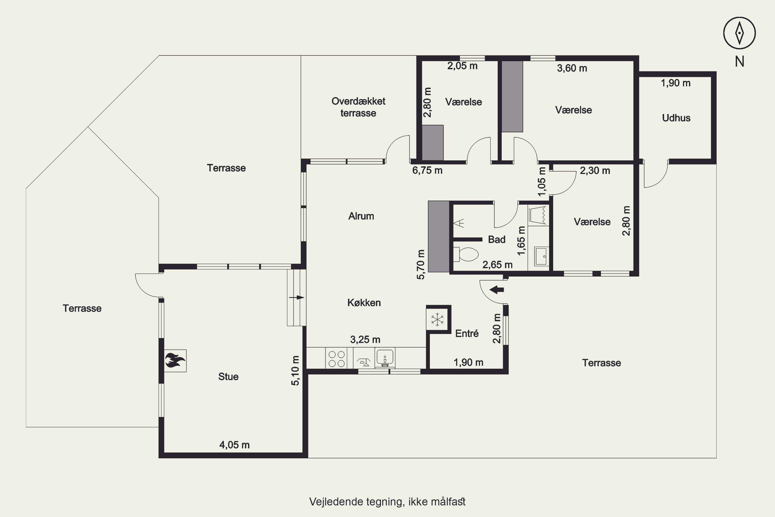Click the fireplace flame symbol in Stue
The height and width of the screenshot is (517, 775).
click(x=175, y=360)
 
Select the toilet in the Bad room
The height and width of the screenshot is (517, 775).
click(x=466, y=254)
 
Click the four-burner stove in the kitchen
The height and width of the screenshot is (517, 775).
click(x=336, y=359)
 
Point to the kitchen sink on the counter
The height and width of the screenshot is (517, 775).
click(x=385, y=358)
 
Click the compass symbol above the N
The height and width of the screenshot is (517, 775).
click(x=739, y=33)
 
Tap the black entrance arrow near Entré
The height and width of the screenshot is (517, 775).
click(x=497, y=290)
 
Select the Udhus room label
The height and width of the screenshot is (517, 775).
click(x=676, y=118)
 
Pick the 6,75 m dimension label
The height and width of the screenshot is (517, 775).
click(x=427, y=170)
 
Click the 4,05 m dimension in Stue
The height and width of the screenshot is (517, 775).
click(x=234, y=445)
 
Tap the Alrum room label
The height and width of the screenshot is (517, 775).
click(x=361, y=216)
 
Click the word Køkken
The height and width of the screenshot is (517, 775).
click(x=364, y=303)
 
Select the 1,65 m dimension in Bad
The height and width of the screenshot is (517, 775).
click(x=521, y=241)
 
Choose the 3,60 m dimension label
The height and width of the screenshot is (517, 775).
click(x=572, y=68)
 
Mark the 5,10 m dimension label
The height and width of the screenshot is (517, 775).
click(x=295, y=371)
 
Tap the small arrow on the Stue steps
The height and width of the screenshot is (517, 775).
click(x=296, y=298)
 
